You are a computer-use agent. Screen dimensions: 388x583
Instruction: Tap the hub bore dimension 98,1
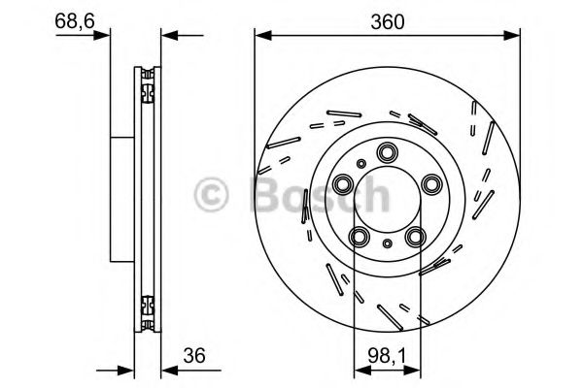[x=388, y=355]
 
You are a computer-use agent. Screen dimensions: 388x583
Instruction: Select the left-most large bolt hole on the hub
[x=343, y=183]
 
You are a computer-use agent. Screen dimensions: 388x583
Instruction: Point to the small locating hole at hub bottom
[x=389, y=244]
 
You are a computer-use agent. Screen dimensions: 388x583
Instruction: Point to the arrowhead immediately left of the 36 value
[x=166, y=369]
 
